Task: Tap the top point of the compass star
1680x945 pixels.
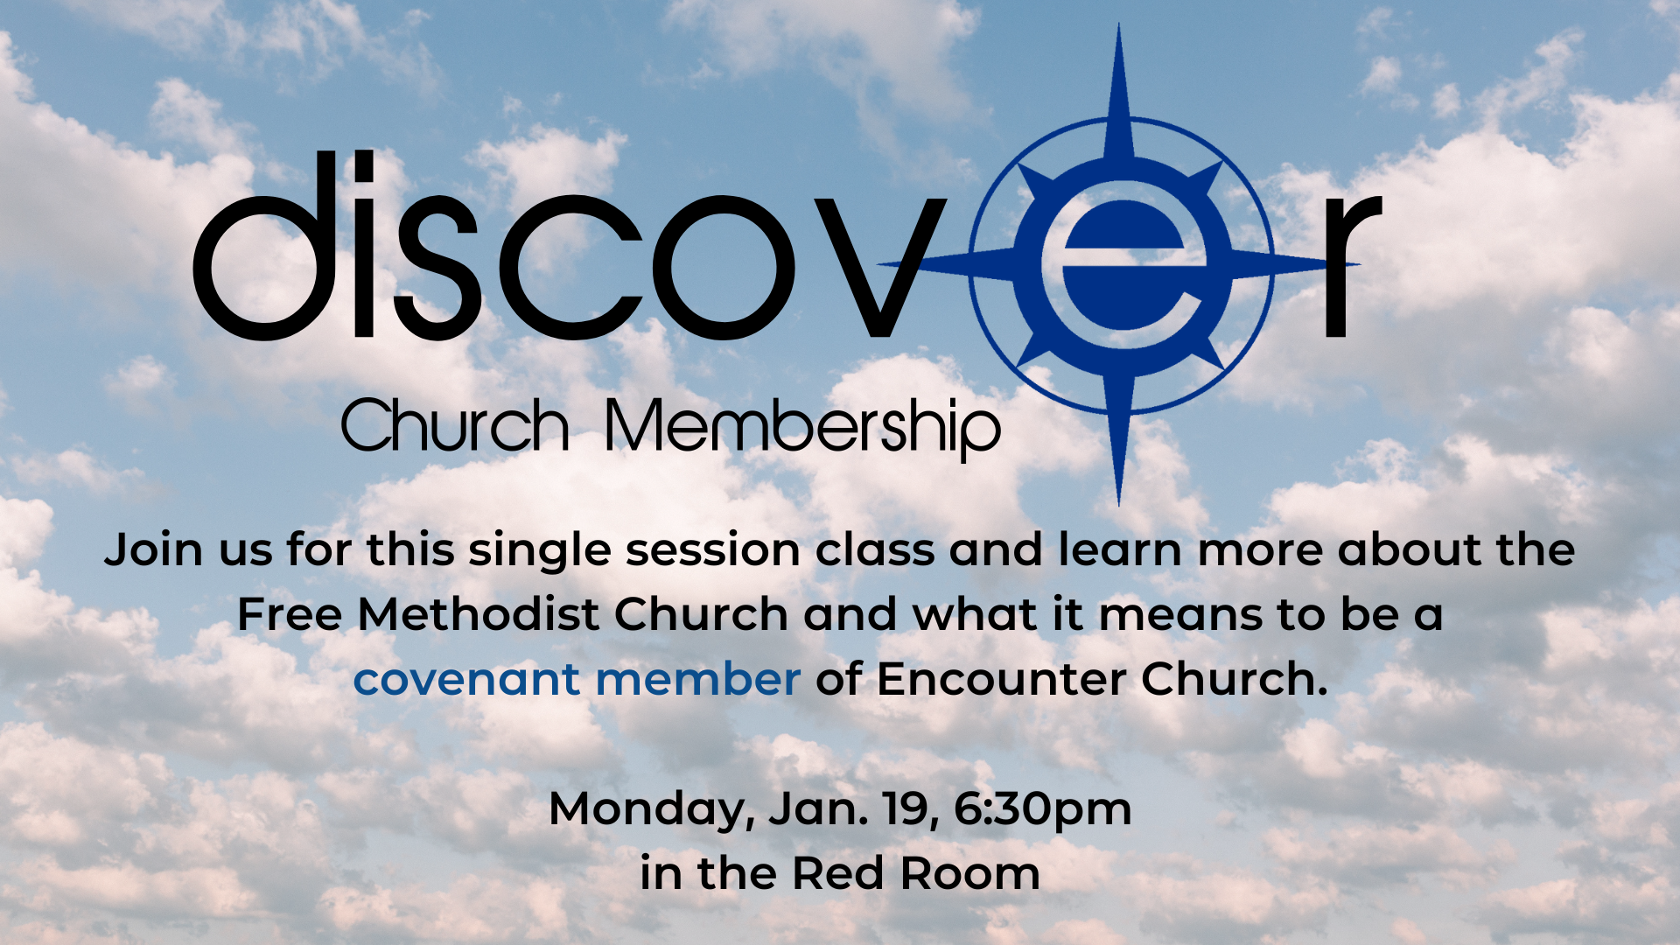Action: click(1119, 24)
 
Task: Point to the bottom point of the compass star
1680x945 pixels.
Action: click(1119, 504)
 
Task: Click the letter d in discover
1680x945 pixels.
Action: click(266, 245)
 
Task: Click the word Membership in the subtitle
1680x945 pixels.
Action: click(802, 427)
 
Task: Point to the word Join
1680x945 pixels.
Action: click(154, 550)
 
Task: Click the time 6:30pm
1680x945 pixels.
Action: click(1042, 809)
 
